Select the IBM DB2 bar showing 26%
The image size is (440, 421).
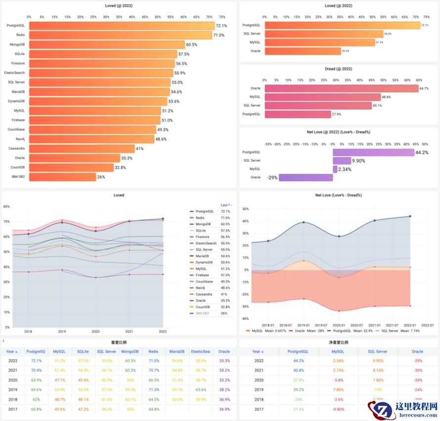coord(62,177)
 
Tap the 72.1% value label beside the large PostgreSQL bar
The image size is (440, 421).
coord(221,26)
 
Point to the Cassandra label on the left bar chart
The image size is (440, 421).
coord(16,148)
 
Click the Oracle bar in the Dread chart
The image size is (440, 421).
coord(341,88)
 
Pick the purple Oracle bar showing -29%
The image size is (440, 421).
coord(306,177)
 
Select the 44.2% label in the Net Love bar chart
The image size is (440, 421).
coord(422,153)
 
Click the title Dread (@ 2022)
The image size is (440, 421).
coord(338,69)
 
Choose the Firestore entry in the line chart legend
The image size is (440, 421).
coord(204,237)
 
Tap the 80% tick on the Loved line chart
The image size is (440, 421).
coord(7,207)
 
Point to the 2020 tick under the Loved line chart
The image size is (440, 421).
coord(95,332)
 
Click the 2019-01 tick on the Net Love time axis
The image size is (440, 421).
coord(304,325)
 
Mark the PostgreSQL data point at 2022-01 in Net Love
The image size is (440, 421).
coord(410,216)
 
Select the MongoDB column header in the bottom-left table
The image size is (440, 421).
coord(130,352)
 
